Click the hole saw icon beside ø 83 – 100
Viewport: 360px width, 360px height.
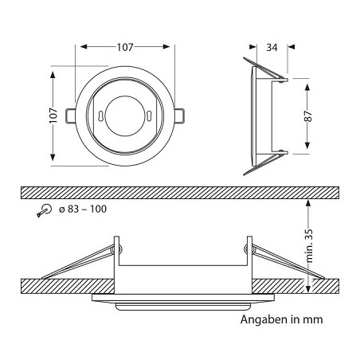click(x=44, y=209)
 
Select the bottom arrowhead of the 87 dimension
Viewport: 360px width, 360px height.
click(x=306, y=149)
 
